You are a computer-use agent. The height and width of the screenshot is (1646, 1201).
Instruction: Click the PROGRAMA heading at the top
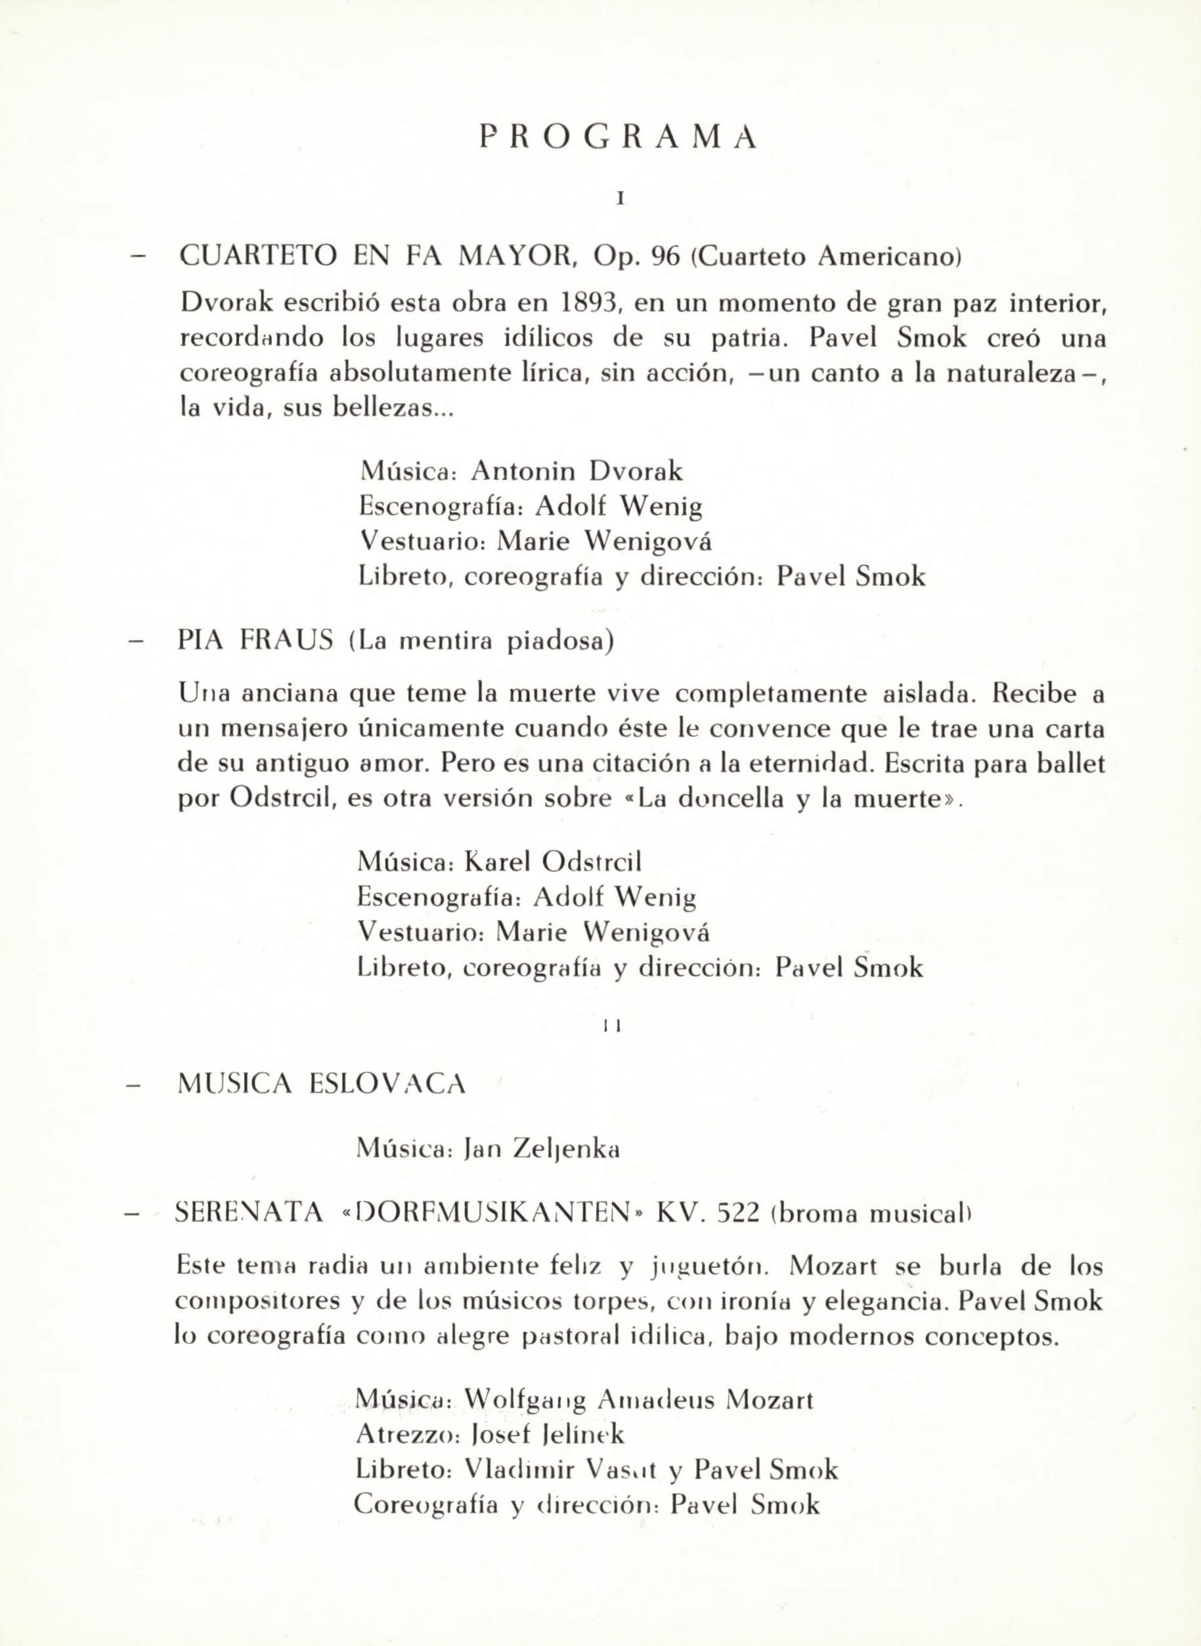pos(618,137)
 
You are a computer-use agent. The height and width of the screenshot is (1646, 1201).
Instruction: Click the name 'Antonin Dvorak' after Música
pos(577,471)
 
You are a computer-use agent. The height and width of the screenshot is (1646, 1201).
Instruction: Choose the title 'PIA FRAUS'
pos(256,641)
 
